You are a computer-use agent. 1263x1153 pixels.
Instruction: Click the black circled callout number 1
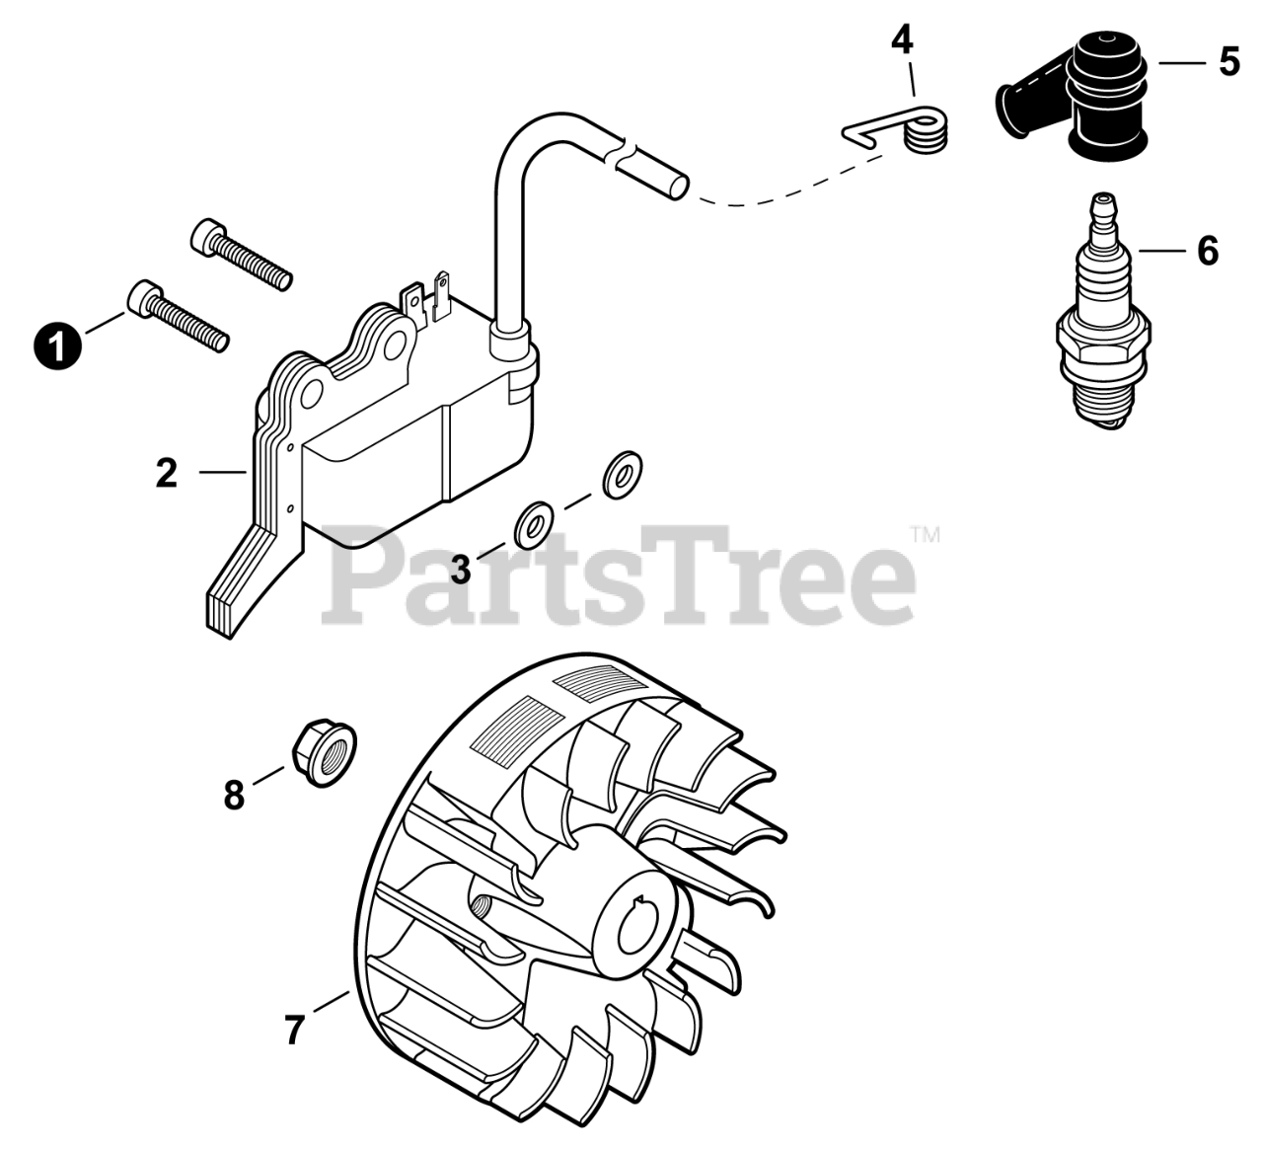57,346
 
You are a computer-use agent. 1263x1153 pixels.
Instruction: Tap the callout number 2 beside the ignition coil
166,473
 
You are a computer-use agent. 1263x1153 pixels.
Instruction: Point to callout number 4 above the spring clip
902,41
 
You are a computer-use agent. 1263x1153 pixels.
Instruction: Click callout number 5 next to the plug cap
1229,62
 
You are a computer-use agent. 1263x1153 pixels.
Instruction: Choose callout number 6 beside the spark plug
1208,251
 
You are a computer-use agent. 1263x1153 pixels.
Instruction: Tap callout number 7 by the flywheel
294,1030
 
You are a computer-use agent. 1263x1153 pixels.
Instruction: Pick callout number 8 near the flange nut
234,795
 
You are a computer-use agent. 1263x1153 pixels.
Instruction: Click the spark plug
1104,312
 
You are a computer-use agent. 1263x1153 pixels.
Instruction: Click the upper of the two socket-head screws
241,254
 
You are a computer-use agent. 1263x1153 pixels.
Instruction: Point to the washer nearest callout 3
533,524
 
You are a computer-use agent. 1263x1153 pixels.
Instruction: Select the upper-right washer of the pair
622,475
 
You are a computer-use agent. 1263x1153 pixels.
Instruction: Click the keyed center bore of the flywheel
641,931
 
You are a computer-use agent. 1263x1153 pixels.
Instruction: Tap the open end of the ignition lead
679,188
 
